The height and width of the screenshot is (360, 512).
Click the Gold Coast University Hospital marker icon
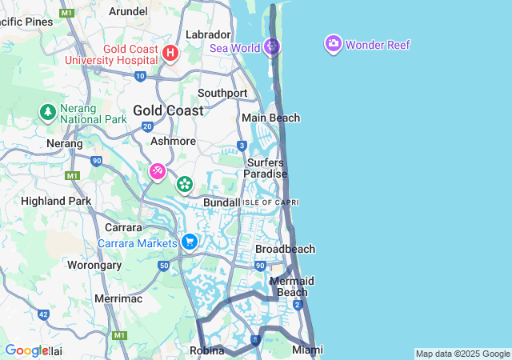[x=170, y=54]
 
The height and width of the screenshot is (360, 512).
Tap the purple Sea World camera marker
[x=273, y=46]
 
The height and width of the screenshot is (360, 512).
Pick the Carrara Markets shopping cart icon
[x=190, y=242]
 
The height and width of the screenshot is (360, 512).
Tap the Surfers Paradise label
[x=264, y=168]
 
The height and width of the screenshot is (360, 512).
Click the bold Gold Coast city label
[x=168, y=110]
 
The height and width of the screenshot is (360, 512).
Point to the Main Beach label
[x=271, y=118]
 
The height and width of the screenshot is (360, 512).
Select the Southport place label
[x=222, y=93]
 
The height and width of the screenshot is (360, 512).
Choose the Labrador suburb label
[x=208, y=34]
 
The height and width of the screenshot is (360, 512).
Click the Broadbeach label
[x=285, y=249]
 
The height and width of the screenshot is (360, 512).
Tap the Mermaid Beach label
[x=291, y=286]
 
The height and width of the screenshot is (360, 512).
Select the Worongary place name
[x=94, y=264]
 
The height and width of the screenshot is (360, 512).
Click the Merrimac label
[x=118, y=298]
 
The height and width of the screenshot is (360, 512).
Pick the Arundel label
[x=128, y=11]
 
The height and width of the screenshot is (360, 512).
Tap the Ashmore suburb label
[x=174, y=141]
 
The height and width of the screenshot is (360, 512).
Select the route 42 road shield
[x=42, y=315]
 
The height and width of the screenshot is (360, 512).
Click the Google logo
[x=26, y=350]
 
